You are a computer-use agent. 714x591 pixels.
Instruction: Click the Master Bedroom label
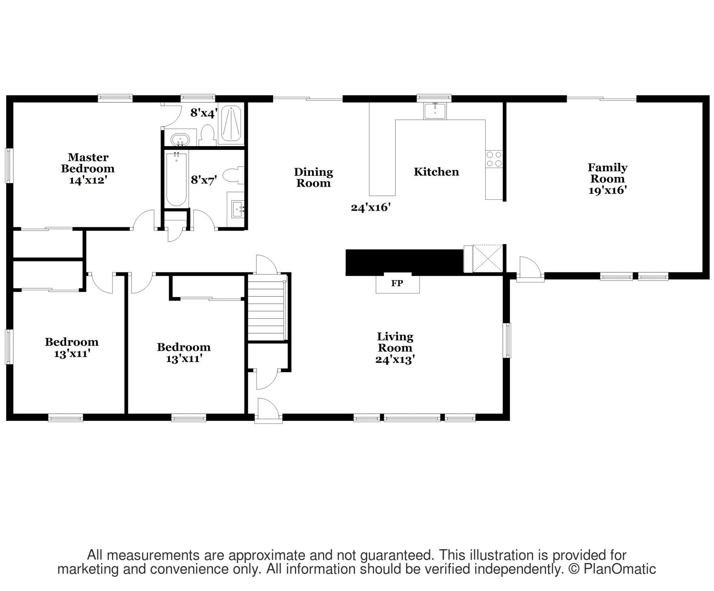[x=88, y=163]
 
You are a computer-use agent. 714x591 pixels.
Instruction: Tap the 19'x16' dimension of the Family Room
[x=608, y=190]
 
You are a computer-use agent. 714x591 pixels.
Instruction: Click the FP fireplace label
[x=397, y=283]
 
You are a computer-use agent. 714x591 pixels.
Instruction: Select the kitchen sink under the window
[x=434, y=111]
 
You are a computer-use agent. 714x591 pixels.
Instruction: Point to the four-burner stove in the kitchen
[x=494, y=159]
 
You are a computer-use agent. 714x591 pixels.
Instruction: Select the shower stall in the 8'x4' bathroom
[x=230, y=123]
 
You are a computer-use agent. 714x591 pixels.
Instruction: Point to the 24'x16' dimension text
[x=370, y=208]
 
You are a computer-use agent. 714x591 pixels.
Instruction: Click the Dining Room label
[x=313, y=178]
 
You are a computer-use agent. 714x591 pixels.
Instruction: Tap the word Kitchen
[x=436, y=172]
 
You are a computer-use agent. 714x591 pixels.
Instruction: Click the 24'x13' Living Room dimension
[x=395, y=360]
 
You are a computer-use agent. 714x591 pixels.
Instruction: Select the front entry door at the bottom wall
[x=268, y=411]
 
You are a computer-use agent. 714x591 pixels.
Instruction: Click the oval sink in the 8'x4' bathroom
[x=180, y=139]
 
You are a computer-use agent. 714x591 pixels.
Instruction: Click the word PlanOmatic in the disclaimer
[x=619, y=569]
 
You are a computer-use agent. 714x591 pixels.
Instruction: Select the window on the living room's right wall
[x=507, y=340]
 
